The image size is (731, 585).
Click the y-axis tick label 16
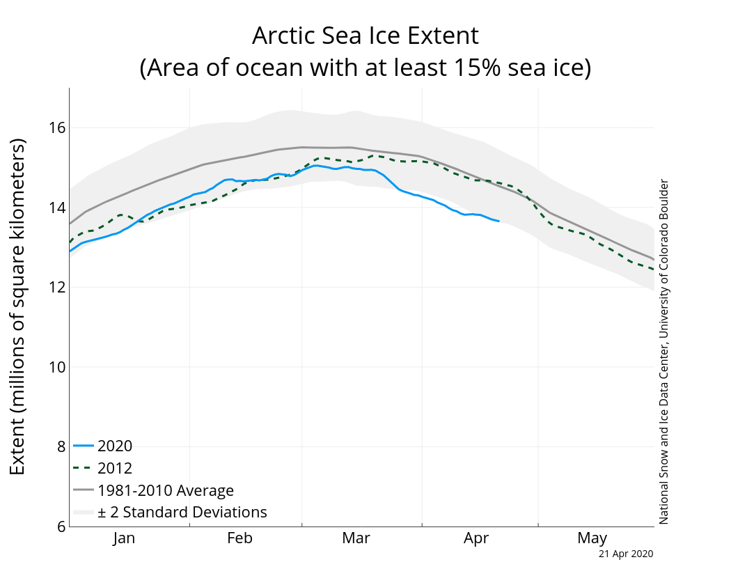pyautogui.click(x=57, y=128)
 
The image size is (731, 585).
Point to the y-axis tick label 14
pyautogui.click(x=57, y=208)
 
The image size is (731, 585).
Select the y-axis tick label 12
pyautogui.click(x=57, y=288)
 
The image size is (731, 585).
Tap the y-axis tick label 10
pyautogui.click(x=57, y=367)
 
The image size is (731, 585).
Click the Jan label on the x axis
pyautogui.click(x=124, y=538)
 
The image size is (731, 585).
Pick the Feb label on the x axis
pyautogui.click(x=239, y=538)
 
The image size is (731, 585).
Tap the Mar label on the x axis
pyautogui.click(x=356, y=538)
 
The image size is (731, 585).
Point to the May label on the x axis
pyautogui.click(x=592, y=538)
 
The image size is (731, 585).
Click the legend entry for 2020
pyautogui.click(x=115, y=446)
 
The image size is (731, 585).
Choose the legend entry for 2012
pyautogui.click(x=115, y=468)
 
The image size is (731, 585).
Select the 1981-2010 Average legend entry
pyautogui.click(x=166, y=490)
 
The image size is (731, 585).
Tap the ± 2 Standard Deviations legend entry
pyautogui.click(x=182, y=513)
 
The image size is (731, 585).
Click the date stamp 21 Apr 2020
pyautogui.click(x=626, y=554)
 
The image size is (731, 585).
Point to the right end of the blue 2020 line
pyautogui.click(x=498, y=221)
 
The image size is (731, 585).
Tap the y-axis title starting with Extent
pyautogui.click(x=18, y=306)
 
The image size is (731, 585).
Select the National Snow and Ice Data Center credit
pyautogui.click(x=663, y=352)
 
